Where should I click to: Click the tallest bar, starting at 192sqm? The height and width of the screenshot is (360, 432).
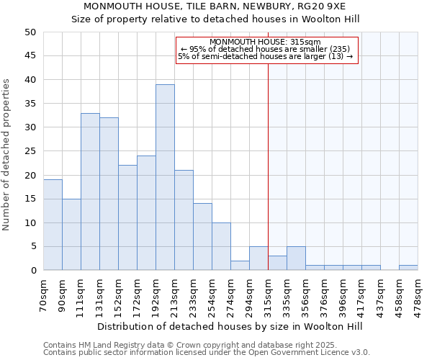[x=165, y=177]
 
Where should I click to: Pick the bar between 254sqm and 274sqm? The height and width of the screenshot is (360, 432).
[x=221, y=246]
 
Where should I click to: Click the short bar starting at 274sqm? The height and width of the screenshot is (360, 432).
[x=240, y=266]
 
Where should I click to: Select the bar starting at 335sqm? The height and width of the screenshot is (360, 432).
[x=296, y=258]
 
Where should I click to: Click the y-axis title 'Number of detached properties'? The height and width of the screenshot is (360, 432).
[x=7, y=155]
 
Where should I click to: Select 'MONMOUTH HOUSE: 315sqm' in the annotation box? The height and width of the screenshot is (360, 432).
[x=266, y=42]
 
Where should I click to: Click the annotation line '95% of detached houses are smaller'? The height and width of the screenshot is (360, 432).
[x=266, y=49]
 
